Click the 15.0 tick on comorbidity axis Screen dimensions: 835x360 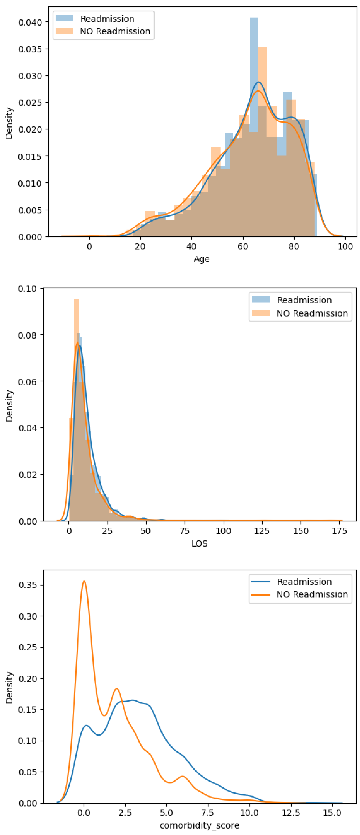pos(332,813)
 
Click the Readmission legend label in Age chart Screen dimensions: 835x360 pos(107,19)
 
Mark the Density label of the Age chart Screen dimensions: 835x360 pos(9,123)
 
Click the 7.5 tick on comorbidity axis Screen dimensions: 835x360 pos(207,813)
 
